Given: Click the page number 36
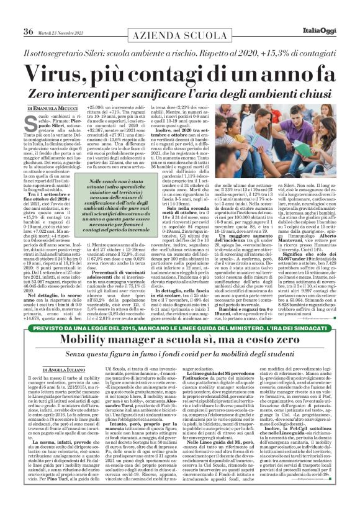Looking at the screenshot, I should point(27,14).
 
